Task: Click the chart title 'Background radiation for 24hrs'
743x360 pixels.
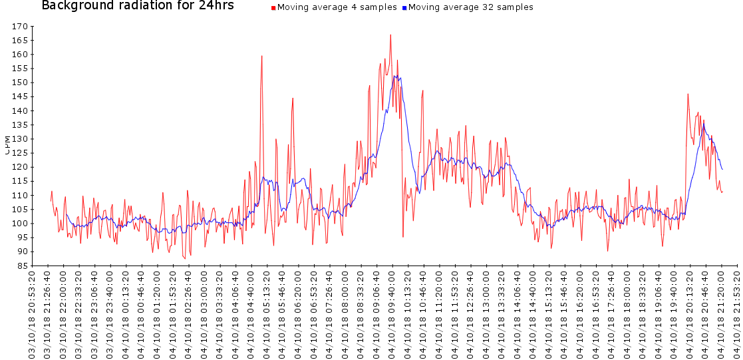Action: [x=138, y=6]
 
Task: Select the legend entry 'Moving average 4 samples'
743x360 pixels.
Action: [x=337, y=8]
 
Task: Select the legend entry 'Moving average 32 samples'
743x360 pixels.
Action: [x=470, y=8]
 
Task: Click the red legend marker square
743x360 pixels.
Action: [x=273, y=9]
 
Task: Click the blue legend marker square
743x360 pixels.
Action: [x=404, y=9]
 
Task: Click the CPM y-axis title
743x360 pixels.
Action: [x=7, y=144]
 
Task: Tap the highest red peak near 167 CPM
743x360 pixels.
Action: [x=390, y=35]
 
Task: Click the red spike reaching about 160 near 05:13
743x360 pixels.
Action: [x=262, y=56]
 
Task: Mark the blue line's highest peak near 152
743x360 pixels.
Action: [x=395, y=76]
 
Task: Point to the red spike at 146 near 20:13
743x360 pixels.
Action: [x=688, y=94]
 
